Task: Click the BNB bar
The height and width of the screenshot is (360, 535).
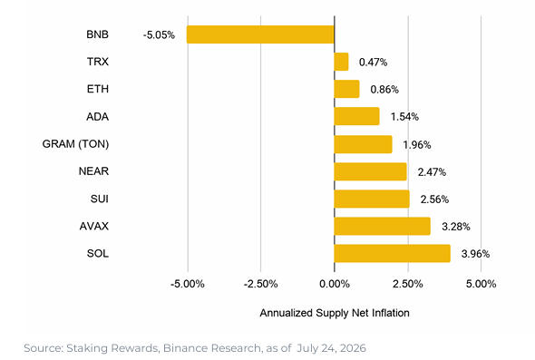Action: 260,34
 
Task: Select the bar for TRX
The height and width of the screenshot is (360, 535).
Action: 341,62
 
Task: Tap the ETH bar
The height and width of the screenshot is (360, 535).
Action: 346,89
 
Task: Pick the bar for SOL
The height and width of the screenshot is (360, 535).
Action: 393,254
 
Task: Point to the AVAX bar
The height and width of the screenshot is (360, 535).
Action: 382,226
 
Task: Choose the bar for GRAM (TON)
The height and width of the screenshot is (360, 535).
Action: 363,144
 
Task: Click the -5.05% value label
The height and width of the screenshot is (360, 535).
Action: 159,35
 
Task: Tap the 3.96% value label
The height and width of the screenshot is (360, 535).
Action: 476,254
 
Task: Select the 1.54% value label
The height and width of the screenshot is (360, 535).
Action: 404,117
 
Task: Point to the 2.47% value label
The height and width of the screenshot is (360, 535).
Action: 432,172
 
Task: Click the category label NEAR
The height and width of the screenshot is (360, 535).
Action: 93,171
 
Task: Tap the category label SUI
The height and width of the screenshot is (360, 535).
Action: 100,199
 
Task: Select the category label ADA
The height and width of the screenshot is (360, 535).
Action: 98,117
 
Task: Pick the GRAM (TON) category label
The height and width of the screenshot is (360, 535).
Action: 76,144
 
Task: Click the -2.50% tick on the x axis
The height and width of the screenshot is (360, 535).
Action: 260,284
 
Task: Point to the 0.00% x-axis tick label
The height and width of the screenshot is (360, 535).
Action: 335,284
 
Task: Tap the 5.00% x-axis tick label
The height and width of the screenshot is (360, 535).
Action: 481,284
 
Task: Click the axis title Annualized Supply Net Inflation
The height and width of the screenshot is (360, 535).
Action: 335,313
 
